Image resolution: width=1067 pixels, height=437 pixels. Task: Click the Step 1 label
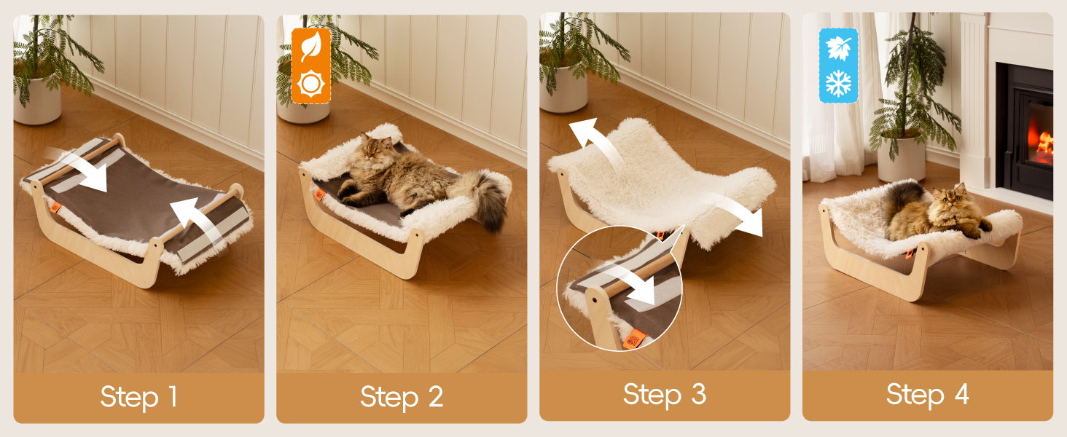(138, 396)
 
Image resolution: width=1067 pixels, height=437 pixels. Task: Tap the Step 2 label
(402, 396)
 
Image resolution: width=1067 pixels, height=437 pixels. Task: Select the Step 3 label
(665, 395)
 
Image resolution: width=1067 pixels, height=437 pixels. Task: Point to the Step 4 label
(928, 395)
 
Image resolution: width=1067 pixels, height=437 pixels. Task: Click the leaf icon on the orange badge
(310, 47)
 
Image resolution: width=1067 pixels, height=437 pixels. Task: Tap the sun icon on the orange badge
(311, 84)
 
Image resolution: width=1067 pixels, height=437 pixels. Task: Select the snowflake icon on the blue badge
(838, 83)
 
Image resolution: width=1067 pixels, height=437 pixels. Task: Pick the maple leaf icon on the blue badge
(838, 47)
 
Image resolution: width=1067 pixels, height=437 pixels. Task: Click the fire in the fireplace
(1042, 141)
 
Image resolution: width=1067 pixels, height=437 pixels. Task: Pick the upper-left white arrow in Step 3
(596, 141)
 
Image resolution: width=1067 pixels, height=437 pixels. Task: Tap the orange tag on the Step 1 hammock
(55, 208)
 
